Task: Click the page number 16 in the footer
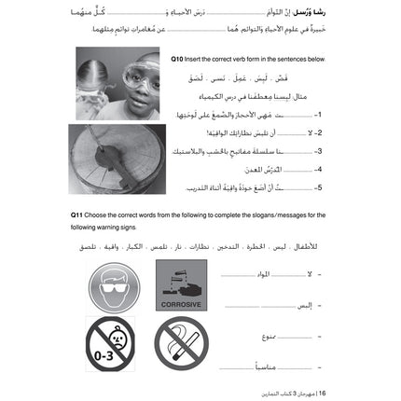tap(323, 394)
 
